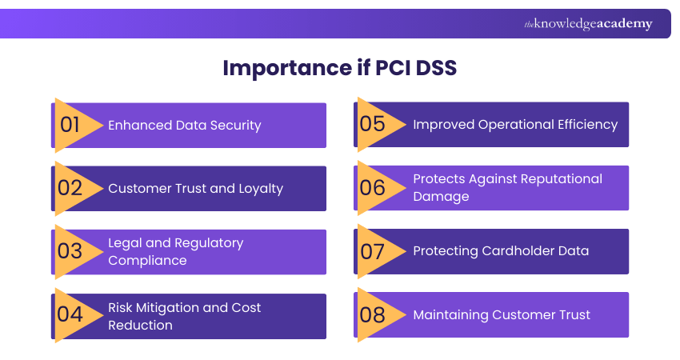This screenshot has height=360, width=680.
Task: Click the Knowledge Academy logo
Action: [x=588, y=24]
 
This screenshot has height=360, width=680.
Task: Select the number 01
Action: [x=70, y=125]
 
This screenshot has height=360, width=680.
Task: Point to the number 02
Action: [x=70, y=189]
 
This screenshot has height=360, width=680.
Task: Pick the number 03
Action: [x=70, y=252]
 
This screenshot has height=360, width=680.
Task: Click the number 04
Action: [x=70, y=314]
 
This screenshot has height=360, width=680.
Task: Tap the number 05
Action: [x=373, y=125]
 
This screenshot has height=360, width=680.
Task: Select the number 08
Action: [x=373, y=314]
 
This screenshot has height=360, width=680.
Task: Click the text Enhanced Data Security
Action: [x=185, y=125]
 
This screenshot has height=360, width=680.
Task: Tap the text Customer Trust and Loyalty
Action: [x=196, y=189]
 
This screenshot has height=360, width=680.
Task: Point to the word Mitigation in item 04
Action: [x=170, y=308]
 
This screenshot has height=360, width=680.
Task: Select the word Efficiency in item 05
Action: [x=586, y=125]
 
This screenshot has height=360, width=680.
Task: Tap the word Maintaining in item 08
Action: [x=450, y=315]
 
